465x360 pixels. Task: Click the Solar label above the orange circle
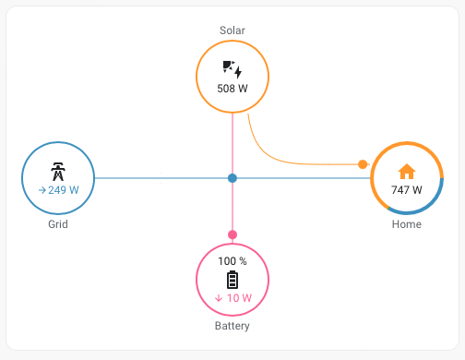[x=232, y=30]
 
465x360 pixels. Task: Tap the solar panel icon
[x=232, y=69]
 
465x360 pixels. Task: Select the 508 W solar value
[x=232, y=89]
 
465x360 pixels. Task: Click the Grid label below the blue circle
[x=58, y=224]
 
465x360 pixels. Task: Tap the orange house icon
[x=407, y=171]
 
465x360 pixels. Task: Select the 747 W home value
[x=407, y=190]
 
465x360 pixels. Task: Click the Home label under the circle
[x=407, y=224]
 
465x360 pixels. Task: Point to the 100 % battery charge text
[x=232, y=261]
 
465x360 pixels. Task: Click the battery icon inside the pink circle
[x=232, y=280]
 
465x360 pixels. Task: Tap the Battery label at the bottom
[x=232, y=326]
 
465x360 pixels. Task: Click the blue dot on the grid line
[x=232, y=177]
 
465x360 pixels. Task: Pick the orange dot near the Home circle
[x=363, y=164]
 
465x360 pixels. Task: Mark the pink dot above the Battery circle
[x=232, y=234]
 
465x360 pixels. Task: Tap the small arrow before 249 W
[x=42, y=189]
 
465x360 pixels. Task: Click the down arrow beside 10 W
[x=219, y=298]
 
